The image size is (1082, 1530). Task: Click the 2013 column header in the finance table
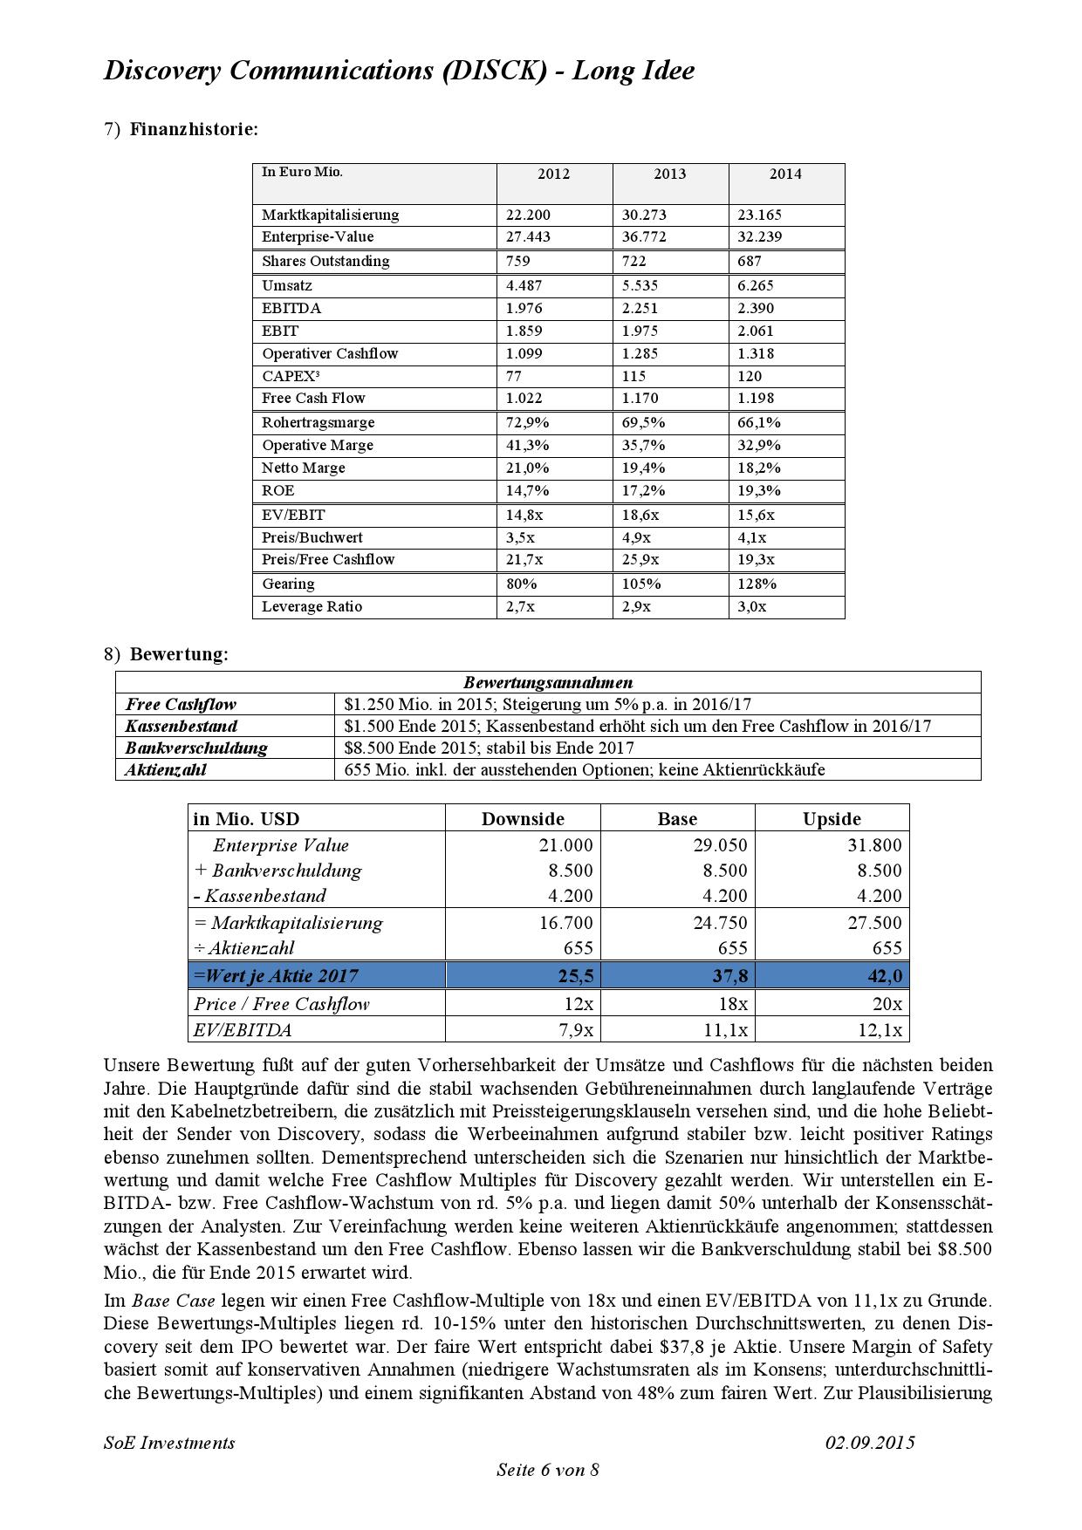[x=669, y=174]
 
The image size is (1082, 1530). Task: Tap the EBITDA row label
[x=291, y=309]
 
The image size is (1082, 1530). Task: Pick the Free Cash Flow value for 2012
[x=524, y=399]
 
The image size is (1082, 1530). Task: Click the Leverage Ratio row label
[x=312, y=607]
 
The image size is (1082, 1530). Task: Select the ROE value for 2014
[x=759, y=491]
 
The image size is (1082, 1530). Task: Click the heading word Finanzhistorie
[x=194, y=130]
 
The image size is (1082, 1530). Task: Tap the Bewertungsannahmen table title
[x=548, y=683]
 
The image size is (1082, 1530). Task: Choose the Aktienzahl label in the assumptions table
[x=166, y=770]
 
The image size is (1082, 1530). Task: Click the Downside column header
[x=523, y=819]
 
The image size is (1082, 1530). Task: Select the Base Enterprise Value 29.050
[x=720, y=845]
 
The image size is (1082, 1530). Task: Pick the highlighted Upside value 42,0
[x=885, y=976]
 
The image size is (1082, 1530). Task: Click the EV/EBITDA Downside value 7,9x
[x=576, y=1030]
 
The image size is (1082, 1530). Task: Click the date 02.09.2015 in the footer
[x=870, y=1443]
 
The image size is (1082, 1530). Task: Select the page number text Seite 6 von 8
[x=548, y=1470]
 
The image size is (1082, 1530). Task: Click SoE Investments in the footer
[x=169, y=1443]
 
